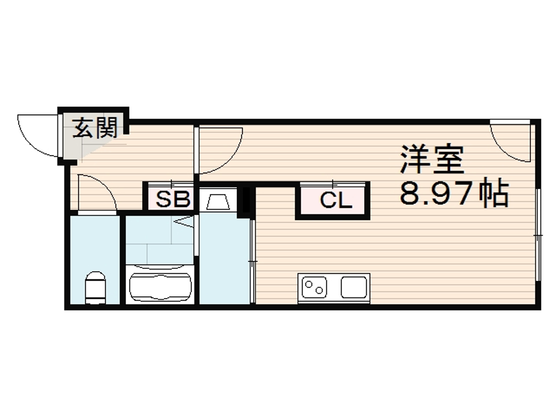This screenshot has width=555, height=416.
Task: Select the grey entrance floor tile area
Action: [73, 148]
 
